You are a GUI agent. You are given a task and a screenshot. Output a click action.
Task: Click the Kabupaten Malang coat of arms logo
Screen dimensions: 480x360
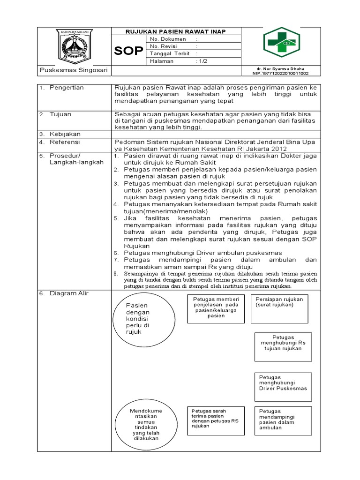coord(74,45)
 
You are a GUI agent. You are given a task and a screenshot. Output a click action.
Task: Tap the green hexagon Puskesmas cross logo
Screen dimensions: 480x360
coord(280,42)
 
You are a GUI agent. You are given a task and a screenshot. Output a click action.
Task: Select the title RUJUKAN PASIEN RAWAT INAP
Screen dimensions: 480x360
coord(175,31)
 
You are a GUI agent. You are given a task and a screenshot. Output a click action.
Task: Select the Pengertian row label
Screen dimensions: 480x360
coord(67,88)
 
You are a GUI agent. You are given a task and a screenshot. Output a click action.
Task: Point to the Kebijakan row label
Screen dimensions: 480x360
coord(66,134)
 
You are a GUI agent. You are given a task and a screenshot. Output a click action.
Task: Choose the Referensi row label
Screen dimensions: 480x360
coord(66,141)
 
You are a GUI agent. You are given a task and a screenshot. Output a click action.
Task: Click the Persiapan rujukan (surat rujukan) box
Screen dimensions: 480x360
coord(280,308)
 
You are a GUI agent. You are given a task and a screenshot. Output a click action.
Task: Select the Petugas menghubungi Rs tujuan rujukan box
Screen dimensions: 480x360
coord(283,346)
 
